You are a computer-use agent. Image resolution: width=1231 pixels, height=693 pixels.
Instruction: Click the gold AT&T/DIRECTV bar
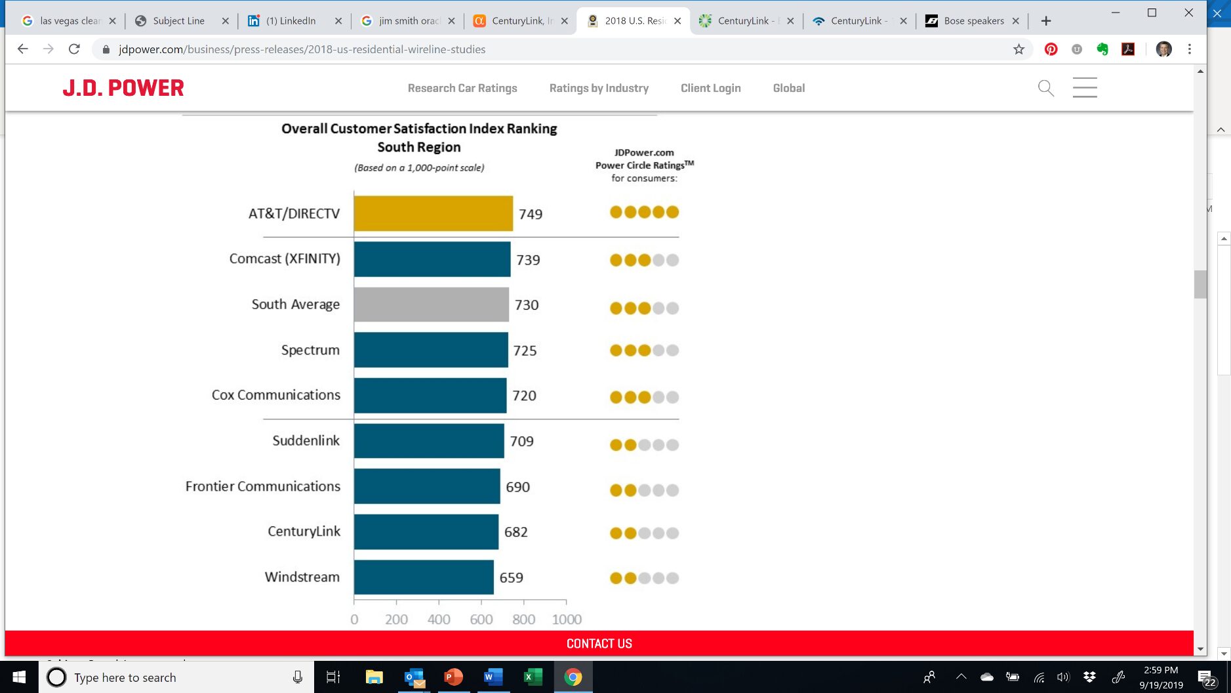point(433,213)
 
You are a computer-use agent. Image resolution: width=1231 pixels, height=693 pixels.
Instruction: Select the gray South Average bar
point(431,304)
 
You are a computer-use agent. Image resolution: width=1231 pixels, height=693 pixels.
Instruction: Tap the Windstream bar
point(424,577)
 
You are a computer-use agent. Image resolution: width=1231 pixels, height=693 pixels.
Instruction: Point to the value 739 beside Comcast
point(528,260)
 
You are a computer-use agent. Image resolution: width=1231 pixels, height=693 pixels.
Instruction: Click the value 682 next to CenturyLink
point(515,532)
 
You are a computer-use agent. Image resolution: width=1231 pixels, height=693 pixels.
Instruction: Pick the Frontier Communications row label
point(262,486)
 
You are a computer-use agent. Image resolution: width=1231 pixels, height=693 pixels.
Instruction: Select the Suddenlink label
point(306,441)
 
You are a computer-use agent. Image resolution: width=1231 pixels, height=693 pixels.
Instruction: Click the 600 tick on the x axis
point(481,619)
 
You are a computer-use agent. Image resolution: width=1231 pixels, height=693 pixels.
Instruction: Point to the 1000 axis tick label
point(567,619)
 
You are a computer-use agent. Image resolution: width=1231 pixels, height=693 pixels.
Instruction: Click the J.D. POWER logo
point(123,88)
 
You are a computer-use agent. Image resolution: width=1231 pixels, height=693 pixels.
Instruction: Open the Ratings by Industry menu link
point(599,88)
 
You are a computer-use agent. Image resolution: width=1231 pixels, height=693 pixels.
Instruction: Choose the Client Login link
point(710,88)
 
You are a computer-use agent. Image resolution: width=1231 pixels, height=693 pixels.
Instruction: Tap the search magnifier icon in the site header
point(1045,88)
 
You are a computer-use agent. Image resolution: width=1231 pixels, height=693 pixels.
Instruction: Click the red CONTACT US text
point(599,644)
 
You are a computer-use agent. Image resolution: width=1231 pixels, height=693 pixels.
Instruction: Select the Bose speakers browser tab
point(973,21)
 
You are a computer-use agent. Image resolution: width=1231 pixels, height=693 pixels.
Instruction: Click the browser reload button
point(74,49)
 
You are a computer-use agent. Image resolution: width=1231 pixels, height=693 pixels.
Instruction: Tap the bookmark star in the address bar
point(1019,49)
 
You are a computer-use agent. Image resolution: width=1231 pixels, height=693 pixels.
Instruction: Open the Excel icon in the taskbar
point(533,677)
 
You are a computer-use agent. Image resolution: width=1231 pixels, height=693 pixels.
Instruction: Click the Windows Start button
point(19,677)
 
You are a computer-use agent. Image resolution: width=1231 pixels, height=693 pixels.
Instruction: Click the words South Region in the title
point(418,147)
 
